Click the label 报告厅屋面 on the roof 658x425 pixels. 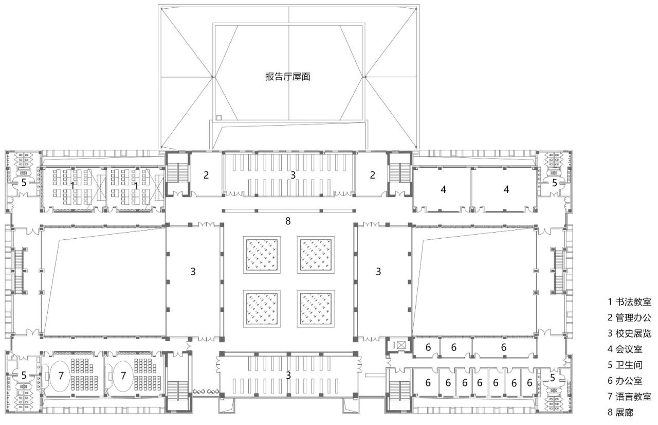288,77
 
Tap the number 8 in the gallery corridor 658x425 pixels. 288,221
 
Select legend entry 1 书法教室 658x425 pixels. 629,302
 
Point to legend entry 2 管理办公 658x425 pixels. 629,317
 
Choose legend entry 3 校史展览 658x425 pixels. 629,333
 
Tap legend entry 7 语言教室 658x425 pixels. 629,397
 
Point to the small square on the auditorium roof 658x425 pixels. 218,117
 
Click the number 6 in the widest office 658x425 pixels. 503,347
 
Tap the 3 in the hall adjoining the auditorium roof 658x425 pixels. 293,174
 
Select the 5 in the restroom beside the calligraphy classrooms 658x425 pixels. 24,182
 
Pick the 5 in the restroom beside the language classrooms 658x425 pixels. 24,375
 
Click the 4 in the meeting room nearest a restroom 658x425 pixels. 506,189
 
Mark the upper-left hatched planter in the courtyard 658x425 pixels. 261,254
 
